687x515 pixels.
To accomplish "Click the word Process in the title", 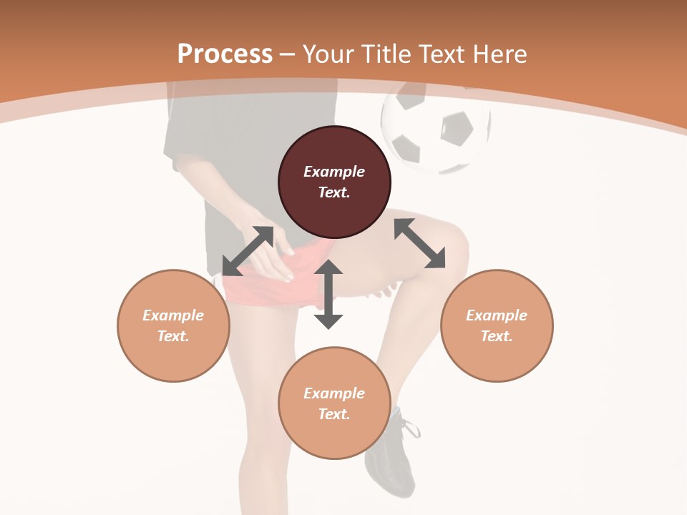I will (x=225, y=54).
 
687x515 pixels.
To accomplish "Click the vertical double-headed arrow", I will (x=328, y=294).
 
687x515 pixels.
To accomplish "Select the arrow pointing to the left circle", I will (x=248, y=251).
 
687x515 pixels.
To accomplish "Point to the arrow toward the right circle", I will (x=419, y=243).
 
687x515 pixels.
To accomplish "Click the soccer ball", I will (x=436, y=129).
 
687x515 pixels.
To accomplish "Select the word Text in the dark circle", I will (x=333, y=192).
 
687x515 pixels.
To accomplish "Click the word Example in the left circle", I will (x=173, y=315).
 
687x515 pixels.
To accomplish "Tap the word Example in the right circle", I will (x=497, y=315).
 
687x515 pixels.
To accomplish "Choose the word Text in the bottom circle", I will (x=333, y=414).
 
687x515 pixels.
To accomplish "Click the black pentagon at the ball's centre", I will (x=456, y=129).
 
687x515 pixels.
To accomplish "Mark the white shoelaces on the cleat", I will (x=409, y=427).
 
